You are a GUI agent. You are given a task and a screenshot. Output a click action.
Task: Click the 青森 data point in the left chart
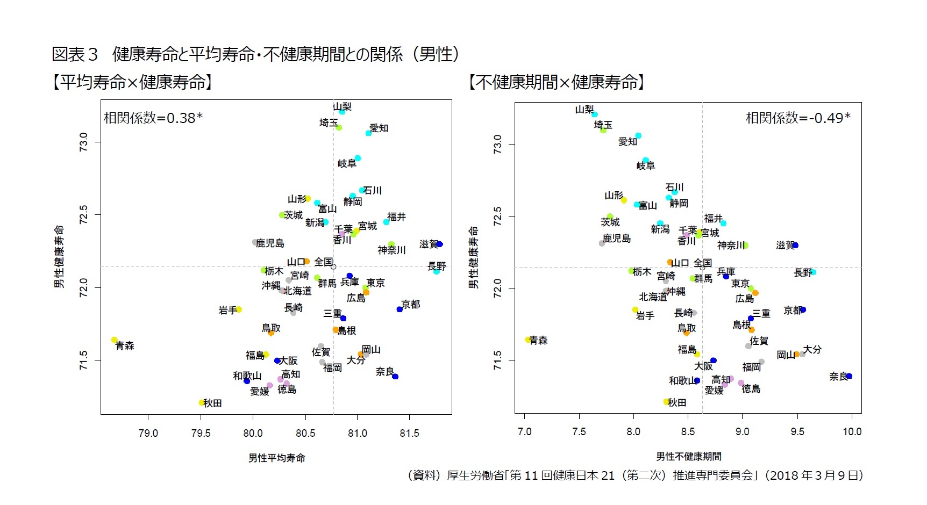(114, 340)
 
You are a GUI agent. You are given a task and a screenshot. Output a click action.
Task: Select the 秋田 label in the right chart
(677, 402)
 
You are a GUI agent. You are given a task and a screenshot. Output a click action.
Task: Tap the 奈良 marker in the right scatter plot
(849, 376)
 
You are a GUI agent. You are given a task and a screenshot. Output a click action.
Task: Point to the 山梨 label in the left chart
(342, 106)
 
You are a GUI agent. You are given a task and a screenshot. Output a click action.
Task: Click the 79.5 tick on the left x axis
(201, 433)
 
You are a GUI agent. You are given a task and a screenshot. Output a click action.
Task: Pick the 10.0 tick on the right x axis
(852, 431)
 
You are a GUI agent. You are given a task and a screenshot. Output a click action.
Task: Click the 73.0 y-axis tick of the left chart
(84, 142)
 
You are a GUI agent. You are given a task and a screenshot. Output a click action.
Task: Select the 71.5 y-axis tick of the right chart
(498, 360)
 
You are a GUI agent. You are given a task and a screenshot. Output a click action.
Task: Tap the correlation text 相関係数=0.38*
(153, 118)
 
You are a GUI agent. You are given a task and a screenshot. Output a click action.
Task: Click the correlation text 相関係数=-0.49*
(798, 118)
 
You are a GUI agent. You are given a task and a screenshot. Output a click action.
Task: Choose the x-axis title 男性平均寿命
(276, 458)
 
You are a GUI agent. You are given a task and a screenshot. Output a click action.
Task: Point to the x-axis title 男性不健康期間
(689, 456)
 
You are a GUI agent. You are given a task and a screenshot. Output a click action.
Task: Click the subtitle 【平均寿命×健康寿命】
(132, 82)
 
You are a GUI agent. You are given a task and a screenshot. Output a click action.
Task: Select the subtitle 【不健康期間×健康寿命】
(557, 82)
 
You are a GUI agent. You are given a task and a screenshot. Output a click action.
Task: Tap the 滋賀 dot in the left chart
(440, 244)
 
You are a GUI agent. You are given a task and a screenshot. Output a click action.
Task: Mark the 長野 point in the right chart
(814, 272)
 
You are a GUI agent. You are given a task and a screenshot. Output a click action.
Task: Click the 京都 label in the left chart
(411, 304)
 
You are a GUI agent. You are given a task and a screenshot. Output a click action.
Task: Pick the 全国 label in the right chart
(703, 263)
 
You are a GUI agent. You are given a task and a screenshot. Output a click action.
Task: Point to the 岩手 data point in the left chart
(239, 309)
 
